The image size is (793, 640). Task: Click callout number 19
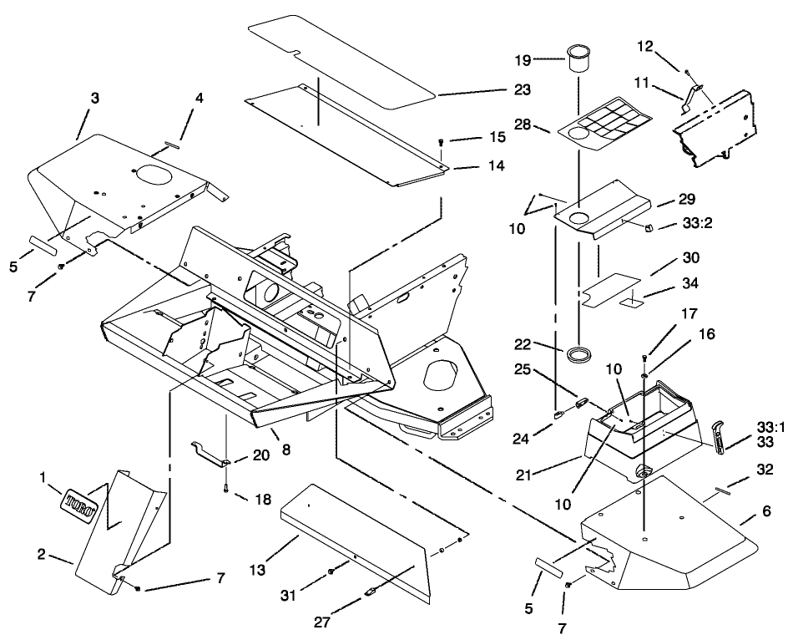click(523, 59)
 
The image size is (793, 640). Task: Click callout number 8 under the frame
click(285, 450)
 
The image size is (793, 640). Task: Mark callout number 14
click(496, 166)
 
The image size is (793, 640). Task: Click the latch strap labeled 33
click(719, 436)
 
